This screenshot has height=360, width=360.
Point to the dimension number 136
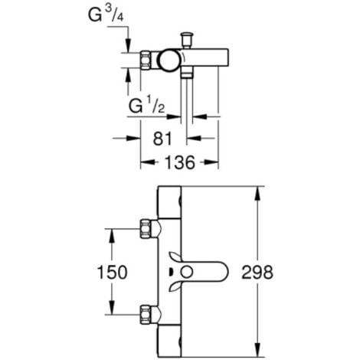click(x=179, y=162)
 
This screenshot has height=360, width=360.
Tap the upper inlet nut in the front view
click(x=146, y=227)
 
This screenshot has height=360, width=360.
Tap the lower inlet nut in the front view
click(x=146, y=313)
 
